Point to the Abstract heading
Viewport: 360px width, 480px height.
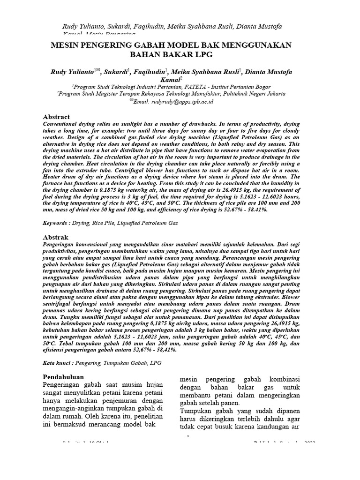click(x=56, y=117)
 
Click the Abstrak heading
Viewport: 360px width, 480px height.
click(x=56, y=238)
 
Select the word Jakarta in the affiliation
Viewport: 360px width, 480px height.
click(x=274, y=93)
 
